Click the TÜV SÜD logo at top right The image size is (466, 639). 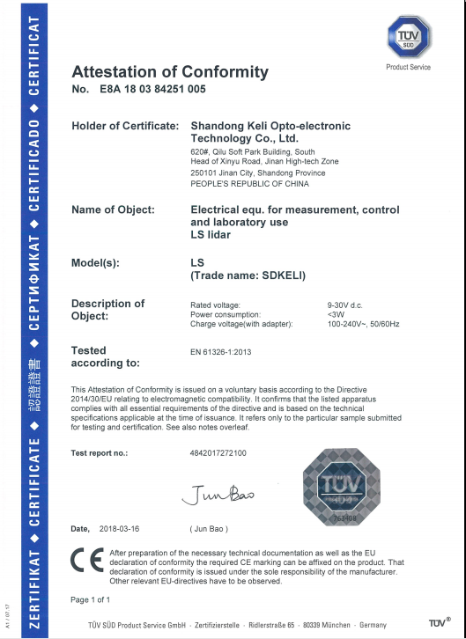pyautogui.click(x=409, y=37)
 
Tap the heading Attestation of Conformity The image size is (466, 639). pyautogui.click(x=170, y=72)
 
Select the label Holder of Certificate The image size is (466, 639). pyautogui.click(x=125, y=126)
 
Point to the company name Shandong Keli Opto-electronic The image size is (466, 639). pyautogui.click(x=270, y=126)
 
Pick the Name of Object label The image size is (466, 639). pyautogui.click(x=113, y=210)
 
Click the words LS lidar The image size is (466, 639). pyautogui.click(x=212, y=235)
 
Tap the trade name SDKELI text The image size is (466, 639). pyautogui.click(x=248, y=275)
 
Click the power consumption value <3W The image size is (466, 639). pyautogui.click(x=336, y=314)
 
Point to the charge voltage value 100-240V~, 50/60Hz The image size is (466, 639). pyautogui.click(x=364, y=324)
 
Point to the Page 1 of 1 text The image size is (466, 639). pyautogui.click(x=91, y=599)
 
